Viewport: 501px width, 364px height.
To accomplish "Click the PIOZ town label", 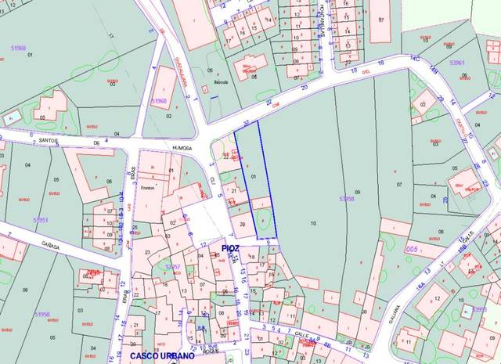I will pos(229,248).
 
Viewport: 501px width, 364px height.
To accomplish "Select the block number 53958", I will pos(348,199).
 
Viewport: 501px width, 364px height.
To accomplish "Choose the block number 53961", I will pos(457,63).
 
